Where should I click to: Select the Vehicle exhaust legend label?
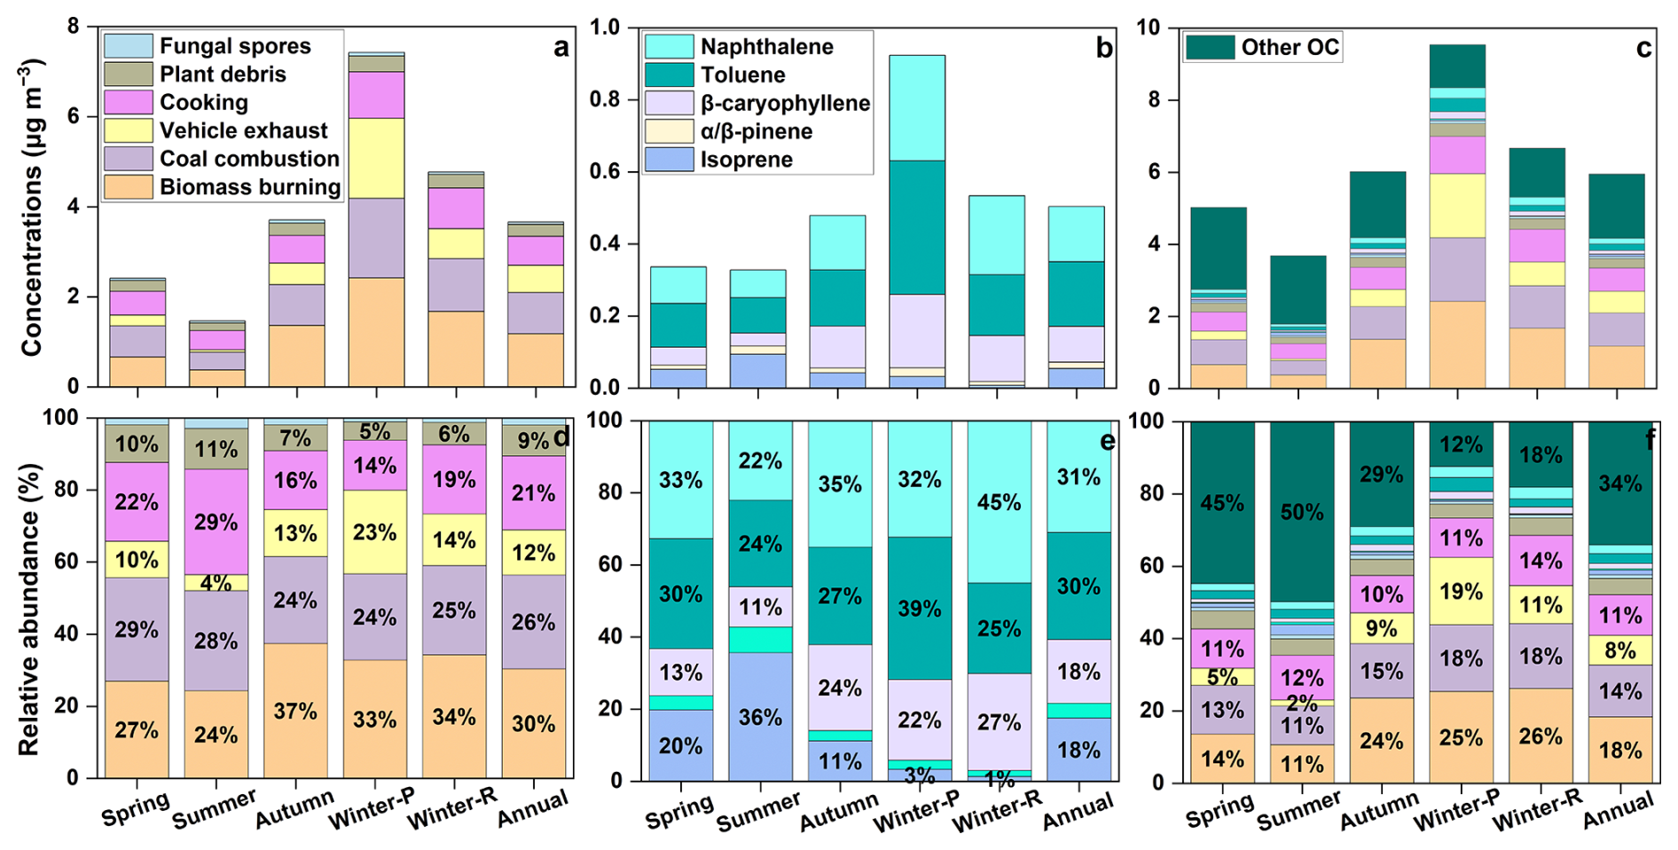243,130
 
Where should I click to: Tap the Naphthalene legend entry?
766,47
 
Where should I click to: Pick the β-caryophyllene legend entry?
784,103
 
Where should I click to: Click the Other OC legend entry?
1290,47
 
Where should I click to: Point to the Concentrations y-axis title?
32,209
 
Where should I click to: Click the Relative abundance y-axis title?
29,609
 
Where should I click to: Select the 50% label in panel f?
1301,512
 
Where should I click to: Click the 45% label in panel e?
999,502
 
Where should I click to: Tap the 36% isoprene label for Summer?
760,717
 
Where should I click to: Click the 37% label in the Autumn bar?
295,711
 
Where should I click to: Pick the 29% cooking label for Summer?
216,522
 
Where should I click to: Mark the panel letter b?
1103,48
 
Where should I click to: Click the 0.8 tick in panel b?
605,99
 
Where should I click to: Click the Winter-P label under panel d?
372,810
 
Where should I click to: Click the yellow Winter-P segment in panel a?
376,158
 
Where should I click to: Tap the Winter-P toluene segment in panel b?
917,227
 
